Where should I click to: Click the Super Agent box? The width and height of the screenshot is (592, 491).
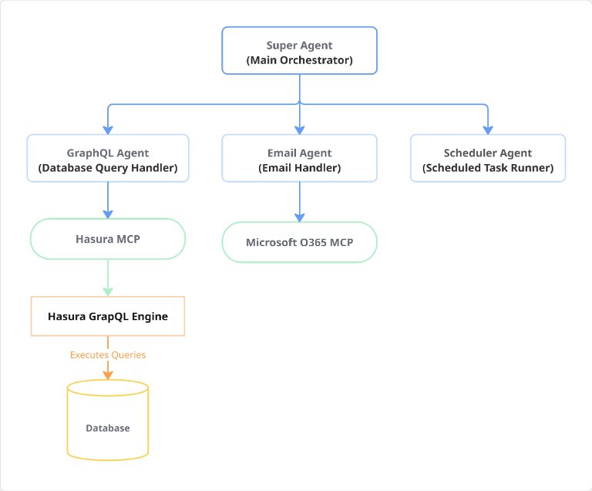[x=299, y=51]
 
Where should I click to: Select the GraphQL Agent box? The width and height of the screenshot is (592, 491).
[x=108, y=158]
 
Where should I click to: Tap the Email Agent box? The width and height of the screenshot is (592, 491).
[x=299, y=158]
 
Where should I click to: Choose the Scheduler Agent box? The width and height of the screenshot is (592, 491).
[x=488, y=158]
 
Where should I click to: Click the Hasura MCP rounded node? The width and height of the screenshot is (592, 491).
[x=108, y=239]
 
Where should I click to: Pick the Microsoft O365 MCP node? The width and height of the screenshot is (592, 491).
[x=299, y=242]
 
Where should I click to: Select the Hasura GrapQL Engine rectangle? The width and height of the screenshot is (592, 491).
[x=108, y=316]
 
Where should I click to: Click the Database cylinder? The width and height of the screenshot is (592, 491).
[x=108, y=420]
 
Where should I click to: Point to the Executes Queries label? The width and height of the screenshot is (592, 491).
[x=108, y=355]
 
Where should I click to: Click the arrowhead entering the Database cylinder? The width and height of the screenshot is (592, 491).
[x=108, y=375]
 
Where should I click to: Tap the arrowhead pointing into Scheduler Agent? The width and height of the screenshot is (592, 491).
[x=488, y=130]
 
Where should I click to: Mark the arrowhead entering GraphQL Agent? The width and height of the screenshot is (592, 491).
[x=108, y=130]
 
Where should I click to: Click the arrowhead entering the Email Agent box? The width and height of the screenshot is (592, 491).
[x=299, y=130]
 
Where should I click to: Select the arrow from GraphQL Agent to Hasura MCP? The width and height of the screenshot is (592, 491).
[x=108, y=200]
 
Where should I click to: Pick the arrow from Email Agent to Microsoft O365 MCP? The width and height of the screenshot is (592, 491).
[x=299, y=202]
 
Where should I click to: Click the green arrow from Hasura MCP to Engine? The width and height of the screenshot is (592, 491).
[x=108, y=277]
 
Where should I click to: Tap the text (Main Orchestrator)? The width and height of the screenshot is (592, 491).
[x=299, y=60]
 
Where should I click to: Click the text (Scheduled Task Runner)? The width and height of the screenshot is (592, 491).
[x=488, y=167]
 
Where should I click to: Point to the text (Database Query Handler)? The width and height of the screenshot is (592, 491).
[x=108, y=167]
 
